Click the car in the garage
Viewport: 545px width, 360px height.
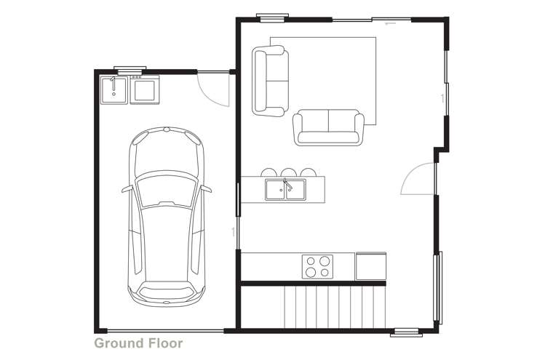tap(167, 218)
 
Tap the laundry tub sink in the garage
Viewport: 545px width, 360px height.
tap(114, 89)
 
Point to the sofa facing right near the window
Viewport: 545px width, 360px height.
tap(269, 79)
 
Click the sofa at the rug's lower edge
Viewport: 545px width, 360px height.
tap(328, 127)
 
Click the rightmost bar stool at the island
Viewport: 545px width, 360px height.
tap(309, 172)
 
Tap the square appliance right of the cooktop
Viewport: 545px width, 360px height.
tap(370, 265)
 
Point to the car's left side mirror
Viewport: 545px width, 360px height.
tap(126, 188)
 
